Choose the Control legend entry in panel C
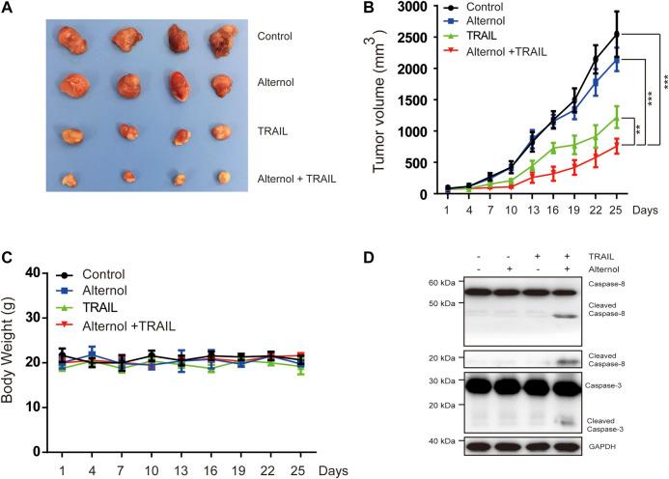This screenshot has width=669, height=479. click(104, 274)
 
